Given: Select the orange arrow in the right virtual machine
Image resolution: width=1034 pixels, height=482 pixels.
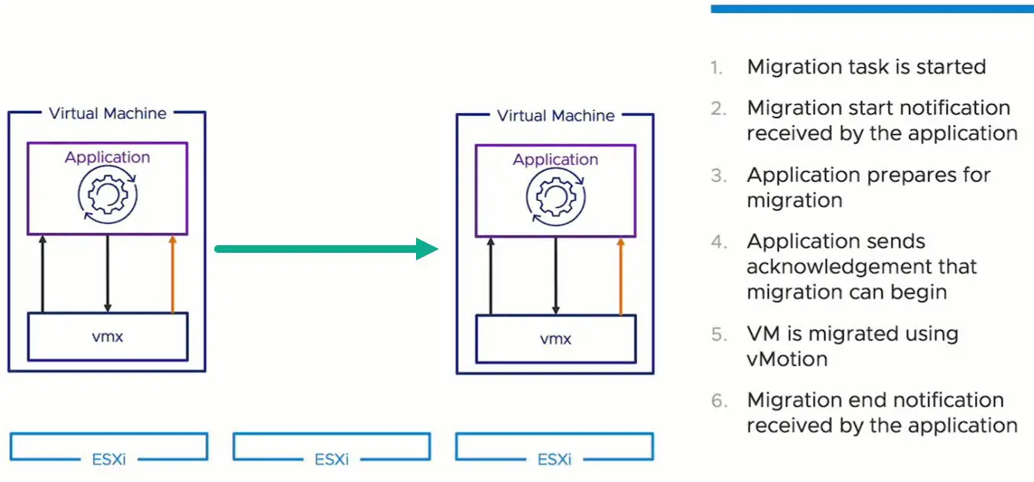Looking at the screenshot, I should coord(620,276).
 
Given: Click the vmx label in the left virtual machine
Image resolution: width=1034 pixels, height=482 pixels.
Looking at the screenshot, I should coord(107,336).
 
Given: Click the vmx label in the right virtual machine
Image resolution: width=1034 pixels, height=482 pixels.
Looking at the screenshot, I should coord(555,338).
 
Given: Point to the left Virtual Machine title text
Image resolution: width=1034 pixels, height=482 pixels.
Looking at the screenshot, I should coord(107,113).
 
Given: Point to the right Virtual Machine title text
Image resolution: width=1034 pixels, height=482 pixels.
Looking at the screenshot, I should coord(555,115).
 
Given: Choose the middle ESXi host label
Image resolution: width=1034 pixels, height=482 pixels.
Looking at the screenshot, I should coord(331,460).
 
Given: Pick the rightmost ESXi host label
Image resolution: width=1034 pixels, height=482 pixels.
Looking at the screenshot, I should coord(554,460).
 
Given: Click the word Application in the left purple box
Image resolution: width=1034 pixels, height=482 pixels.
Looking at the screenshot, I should coord(107,157).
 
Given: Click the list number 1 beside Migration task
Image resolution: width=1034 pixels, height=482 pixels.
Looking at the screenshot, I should coord(716,68).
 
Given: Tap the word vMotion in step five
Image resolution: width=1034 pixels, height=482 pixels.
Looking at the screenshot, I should coord(787,359).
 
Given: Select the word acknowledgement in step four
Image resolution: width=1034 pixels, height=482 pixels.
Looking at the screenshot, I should coord(862,267).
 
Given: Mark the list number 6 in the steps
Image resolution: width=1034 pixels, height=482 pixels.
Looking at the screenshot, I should coord(717,401).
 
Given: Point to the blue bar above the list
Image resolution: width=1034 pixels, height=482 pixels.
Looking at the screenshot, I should coord(872,8).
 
